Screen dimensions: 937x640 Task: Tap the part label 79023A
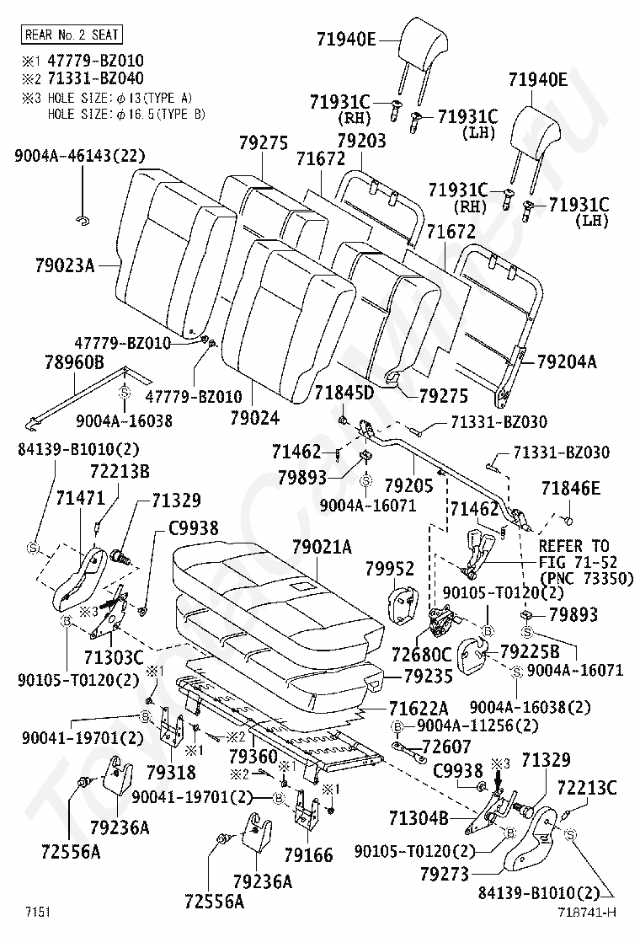tap(65, 265)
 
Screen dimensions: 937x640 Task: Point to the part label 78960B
tap(74, 362)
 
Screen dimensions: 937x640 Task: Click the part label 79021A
tap(322, 548)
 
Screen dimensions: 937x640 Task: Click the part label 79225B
tap(530, 651)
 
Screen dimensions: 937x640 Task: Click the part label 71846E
tap(571, 488)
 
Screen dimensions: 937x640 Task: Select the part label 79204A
tap(566, 361)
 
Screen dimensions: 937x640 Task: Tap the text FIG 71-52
tap(573, 562)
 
